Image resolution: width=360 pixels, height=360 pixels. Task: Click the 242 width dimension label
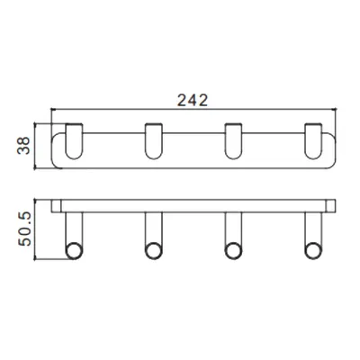(x=193, y=100)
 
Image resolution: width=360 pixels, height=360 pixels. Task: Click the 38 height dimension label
(x=23, y=146)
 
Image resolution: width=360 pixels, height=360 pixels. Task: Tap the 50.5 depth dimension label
(x=24, y=229)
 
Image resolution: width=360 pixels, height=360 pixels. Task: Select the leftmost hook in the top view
(x=74, y=141)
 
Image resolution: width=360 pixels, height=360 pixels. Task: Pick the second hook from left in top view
(x=154, y=141)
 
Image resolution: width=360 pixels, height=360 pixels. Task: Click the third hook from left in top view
(x=234, y=141)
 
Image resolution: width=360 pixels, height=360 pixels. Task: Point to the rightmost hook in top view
(x=313, y=141)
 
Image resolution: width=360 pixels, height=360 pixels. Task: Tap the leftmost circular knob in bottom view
(x=74, y=251)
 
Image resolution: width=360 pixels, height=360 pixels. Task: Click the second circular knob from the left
(x=154, y=251)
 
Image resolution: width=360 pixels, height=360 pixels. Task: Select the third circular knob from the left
(x=234, y=251)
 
